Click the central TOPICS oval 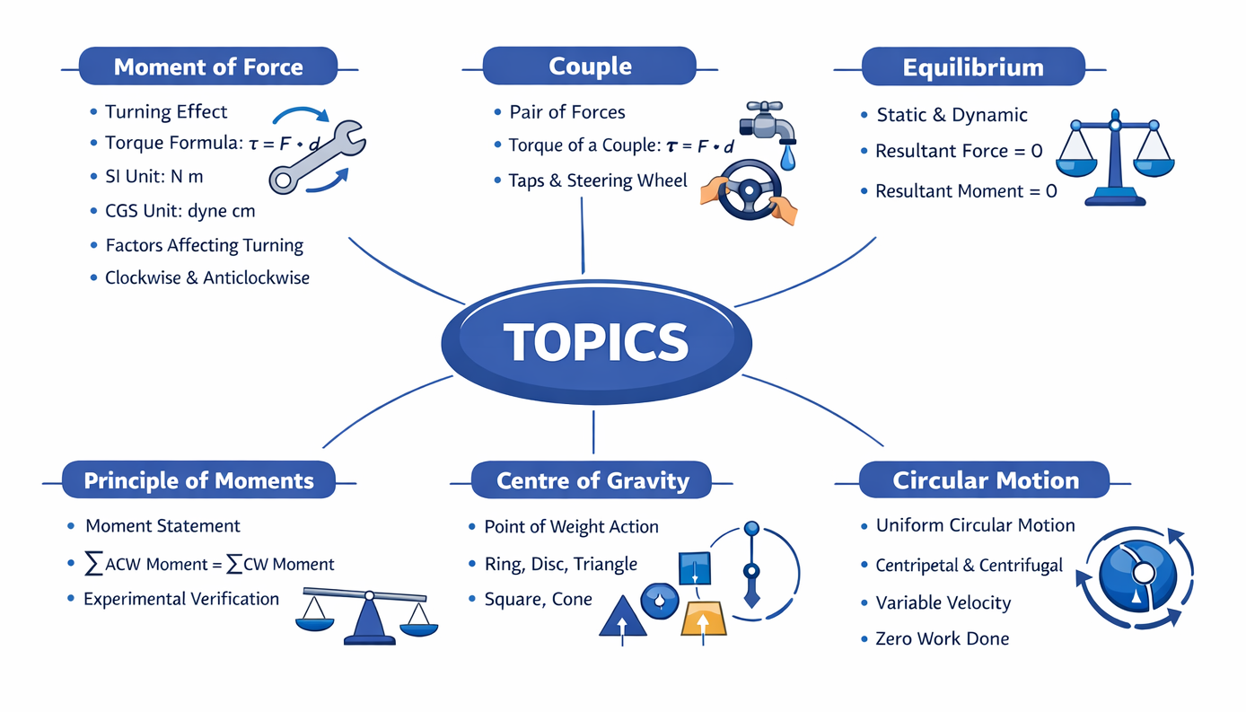pos(596,342)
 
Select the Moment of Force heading pos(208,67)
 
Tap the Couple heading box pos(590,66)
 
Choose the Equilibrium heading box pos(973,67)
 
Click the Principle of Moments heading pos(198,480)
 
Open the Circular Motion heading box pos(985,480)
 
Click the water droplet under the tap pos(787,158)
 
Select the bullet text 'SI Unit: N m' pos(154,177)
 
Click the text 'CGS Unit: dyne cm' pos(180,211)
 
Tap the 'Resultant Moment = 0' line pos(966,190)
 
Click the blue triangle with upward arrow pos(623,618)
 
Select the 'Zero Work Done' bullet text pos(942,638)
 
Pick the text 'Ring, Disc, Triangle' pos(560,564)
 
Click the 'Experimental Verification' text pos(180,598)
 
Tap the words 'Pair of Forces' pos(566,112)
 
